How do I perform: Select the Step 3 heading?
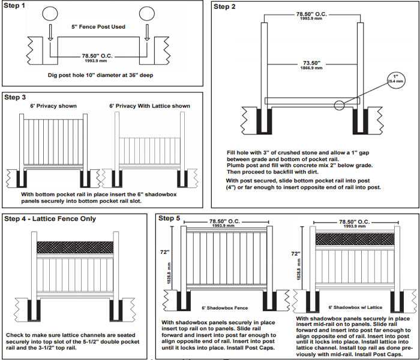[15, 96]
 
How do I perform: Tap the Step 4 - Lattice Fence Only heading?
[49, 218]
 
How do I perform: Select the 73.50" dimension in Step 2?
[310, 63]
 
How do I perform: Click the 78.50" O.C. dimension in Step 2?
[311, 13]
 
